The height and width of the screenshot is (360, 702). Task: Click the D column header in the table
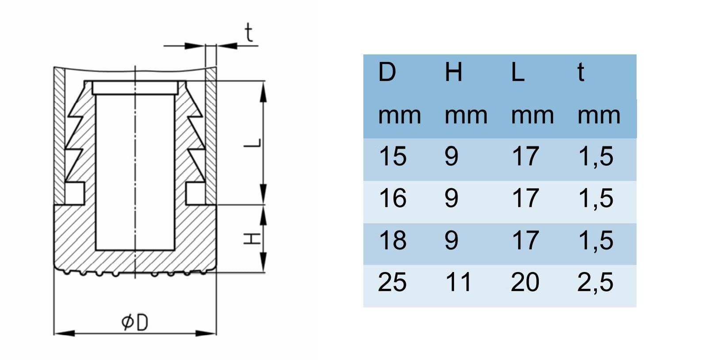point(387,72)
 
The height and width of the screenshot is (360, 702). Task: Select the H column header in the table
point(454,72)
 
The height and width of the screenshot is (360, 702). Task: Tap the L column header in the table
point(518,72)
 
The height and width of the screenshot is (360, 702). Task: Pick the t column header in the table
point(581,72)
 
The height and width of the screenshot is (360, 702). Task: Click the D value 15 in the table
point(393,156)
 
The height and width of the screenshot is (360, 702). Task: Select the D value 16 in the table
point(393,198)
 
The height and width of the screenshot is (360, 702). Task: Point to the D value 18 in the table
point(393,240)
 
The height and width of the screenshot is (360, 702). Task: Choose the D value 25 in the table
point(392,282)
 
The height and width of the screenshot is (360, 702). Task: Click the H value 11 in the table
point(458,282)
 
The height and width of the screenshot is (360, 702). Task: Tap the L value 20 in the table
point(525,282)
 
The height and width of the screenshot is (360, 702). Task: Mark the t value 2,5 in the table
point(595,283)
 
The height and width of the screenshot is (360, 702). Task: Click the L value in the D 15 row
point(525,156)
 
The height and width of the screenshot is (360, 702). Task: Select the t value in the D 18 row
point(596,241)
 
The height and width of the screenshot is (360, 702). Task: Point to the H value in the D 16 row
point(452,198)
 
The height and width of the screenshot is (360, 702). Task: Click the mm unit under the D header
point(400,116)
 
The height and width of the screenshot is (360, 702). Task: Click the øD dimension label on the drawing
point(135,322)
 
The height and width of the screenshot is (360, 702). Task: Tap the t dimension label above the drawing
point(249,32)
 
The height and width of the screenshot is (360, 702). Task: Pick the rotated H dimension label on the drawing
point(252,239)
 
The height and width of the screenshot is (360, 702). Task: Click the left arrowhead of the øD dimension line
point(64,333)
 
